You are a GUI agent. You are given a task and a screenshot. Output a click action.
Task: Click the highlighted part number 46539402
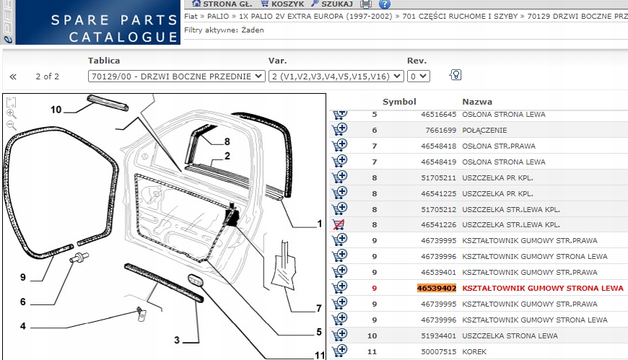(437, 289)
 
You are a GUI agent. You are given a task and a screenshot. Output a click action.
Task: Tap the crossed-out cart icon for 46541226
(339, 224)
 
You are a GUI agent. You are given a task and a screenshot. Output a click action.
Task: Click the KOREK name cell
(474, 351)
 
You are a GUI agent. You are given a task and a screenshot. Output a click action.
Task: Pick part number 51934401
(439, 336)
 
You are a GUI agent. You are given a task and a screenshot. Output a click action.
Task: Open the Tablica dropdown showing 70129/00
(177, 76)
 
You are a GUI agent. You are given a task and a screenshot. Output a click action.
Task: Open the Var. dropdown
(336, 76)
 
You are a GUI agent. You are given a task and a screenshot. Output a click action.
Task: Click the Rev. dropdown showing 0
(419, 76)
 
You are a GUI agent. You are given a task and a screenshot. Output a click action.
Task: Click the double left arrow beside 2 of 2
(13, 76)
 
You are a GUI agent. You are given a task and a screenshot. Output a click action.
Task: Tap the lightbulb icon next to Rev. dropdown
(455, 75)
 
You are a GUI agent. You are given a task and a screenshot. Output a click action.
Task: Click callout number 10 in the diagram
(56, 110)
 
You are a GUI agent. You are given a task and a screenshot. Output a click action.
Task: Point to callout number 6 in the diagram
(23, 302)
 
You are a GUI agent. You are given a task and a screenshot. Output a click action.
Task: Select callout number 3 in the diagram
(177, 341)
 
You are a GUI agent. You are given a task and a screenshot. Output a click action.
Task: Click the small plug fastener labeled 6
(79, 257)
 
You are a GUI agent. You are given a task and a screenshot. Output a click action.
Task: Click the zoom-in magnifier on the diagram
(12, 114)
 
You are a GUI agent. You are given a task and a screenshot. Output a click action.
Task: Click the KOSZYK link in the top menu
(282, 4)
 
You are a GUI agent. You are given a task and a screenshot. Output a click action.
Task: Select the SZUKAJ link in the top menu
(332, 4)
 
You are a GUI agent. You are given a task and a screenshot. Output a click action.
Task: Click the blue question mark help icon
(385, 4)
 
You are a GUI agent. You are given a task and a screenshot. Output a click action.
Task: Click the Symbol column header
(399, 102)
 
